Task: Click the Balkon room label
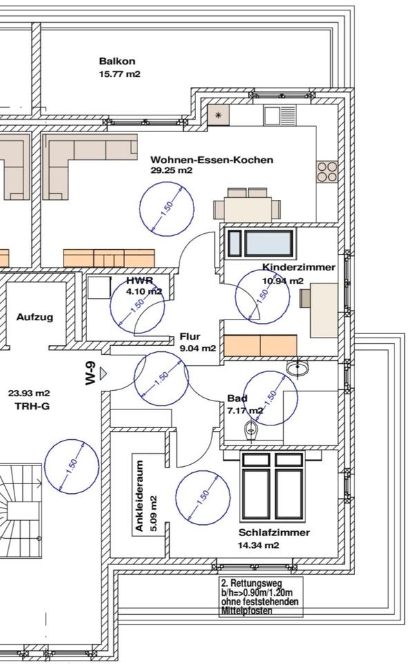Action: point(117,62)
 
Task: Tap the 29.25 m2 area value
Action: point(171,170)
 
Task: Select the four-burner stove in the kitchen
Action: point(327,172)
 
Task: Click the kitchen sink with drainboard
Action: point(280,116)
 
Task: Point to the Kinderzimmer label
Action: point(299,267)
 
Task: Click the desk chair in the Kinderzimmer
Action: point(305,298)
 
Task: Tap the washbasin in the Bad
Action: point(298,367)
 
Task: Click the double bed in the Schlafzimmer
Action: point(273,486)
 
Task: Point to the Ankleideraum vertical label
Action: point(140,496)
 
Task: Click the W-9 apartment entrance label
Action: point(91,373)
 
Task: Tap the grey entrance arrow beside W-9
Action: point(103,373)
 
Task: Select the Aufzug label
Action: point(35,317)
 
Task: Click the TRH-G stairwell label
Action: point(32,406)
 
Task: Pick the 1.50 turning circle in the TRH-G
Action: point(71,466)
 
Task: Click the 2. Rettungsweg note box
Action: point(261,597)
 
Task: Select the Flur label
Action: point(190,337)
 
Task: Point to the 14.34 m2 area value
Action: point(258,545)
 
